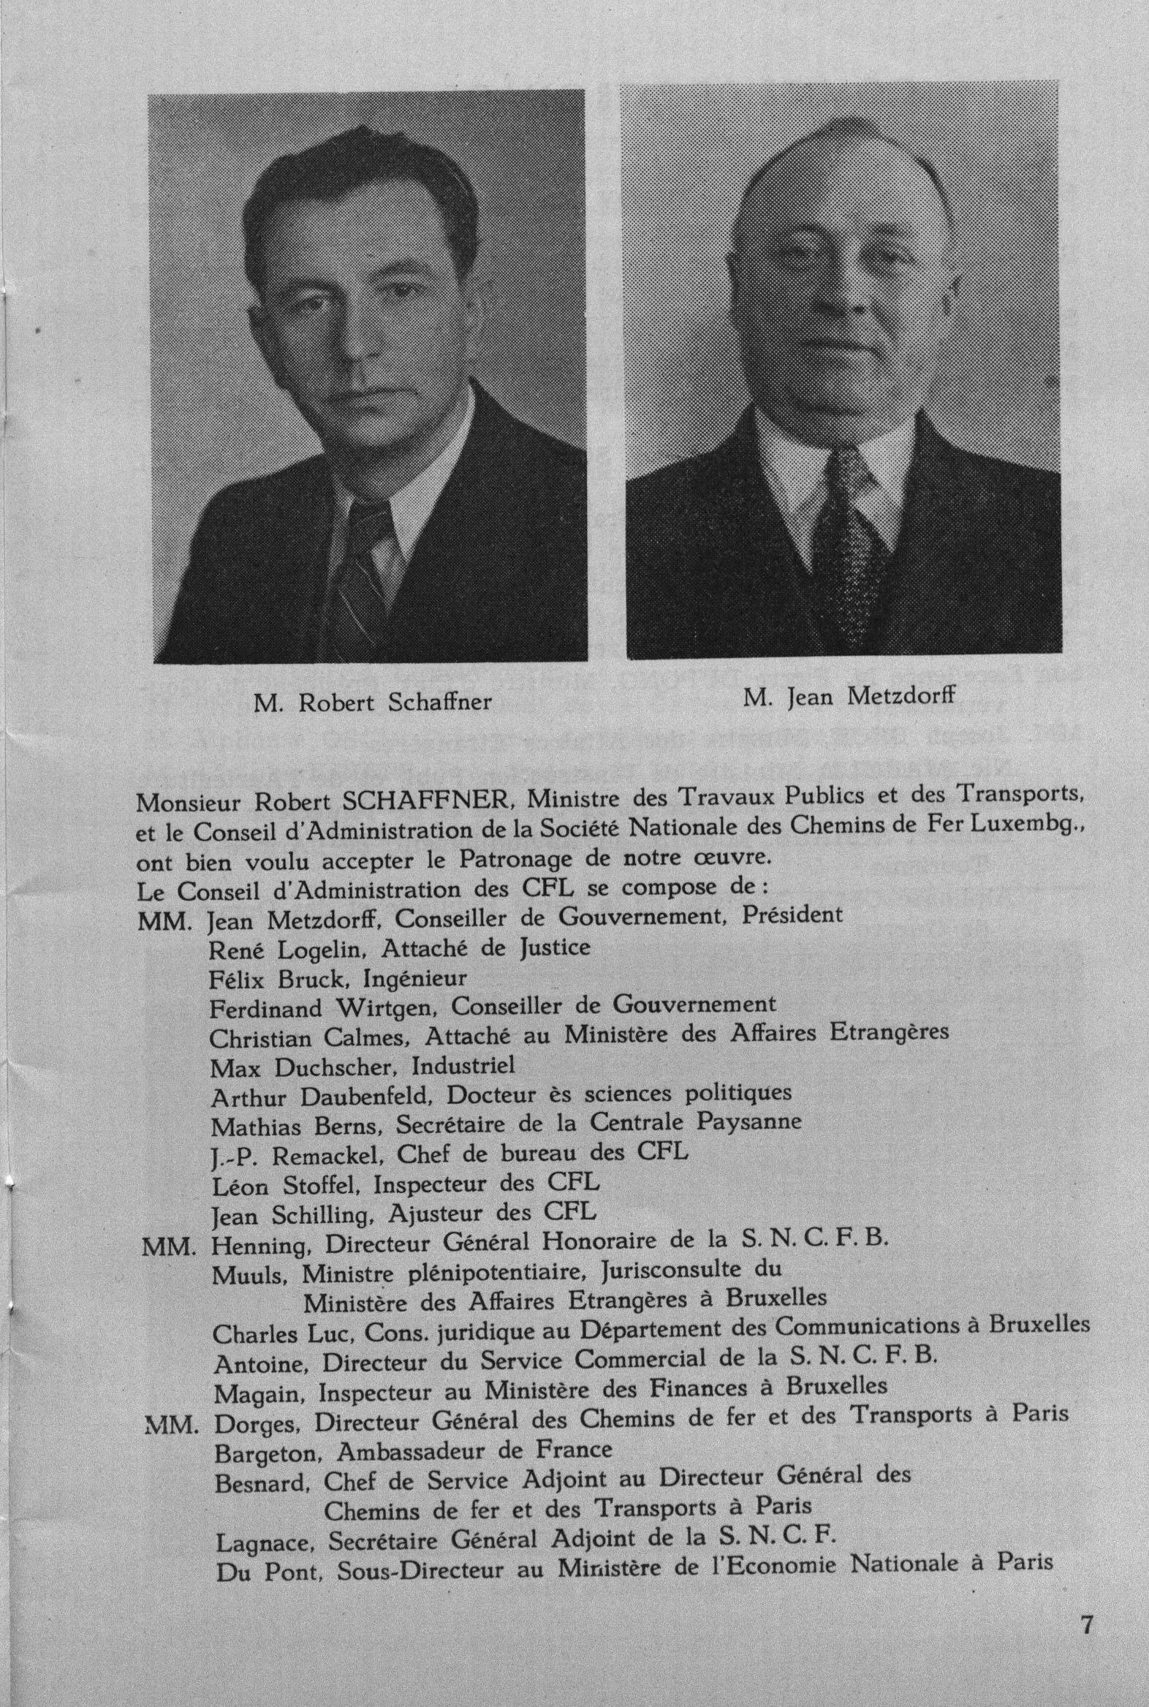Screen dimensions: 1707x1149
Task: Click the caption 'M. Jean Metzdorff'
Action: pos(849,697)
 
